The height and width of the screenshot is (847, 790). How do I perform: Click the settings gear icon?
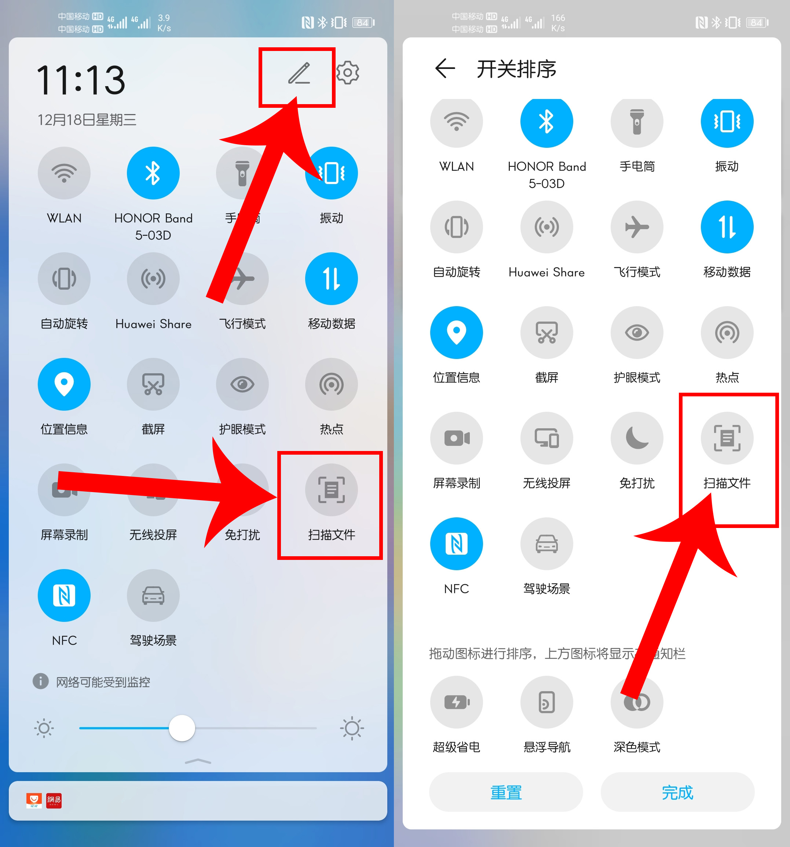[x=347, y=73]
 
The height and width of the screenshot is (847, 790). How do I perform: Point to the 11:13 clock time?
[x=81, y=80]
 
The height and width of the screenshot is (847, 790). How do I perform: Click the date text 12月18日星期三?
[x=87, y=120]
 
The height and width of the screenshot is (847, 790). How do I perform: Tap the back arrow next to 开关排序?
[x=445, y=69]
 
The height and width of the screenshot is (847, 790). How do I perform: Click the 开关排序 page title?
[x=516, y=69]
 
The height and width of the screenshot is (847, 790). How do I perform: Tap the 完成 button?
[x=677, y=792]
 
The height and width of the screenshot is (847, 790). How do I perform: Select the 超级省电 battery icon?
[x=456, y=702]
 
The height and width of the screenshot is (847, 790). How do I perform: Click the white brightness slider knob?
[x=182, y=728]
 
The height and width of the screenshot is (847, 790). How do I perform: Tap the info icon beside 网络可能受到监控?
[x=40, y=681]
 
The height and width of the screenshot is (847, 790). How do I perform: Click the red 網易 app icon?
[x=54, y=800]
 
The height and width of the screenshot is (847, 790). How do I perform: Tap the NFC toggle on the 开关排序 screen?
[x=456, y=544]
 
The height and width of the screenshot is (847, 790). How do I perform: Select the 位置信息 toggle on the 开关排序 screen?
[x=456, y=332]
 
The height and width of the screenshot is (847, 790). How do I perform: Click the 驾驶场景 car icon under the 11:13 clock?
[x=153, y=595]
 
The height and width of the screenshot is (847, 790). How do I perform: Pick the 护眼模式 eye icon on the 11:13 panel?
[x=242, y=384]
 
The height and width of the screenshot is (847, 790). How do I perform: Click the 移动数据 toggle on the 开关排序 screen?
[x=727, y=227]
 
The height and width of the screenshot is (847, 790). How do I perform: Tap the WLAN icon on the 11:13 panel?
[x=64, y=173]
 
